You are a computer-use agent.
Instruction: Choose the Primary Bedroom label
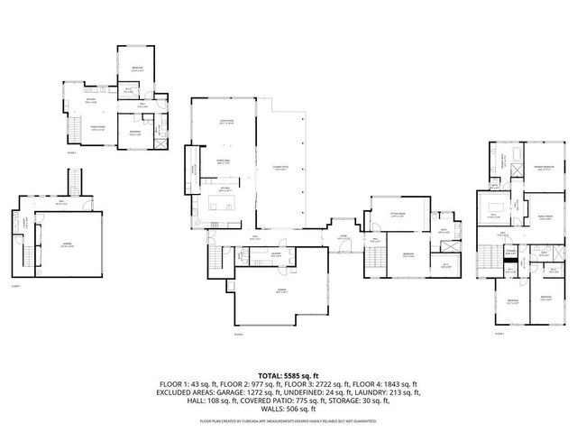pos(541,168)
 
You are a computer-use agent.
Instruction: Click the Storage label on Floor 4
pos(510,253)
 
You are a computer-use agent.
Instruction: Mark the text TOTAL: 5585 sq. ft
pos(288,373)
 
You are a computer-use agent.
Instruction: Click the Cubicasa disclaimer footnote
pos(288,420)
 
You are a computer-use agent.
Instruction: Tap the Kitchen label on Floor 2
pos(91,102)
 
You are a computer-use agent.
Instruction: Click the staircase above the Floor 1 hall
pos(78,184)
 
